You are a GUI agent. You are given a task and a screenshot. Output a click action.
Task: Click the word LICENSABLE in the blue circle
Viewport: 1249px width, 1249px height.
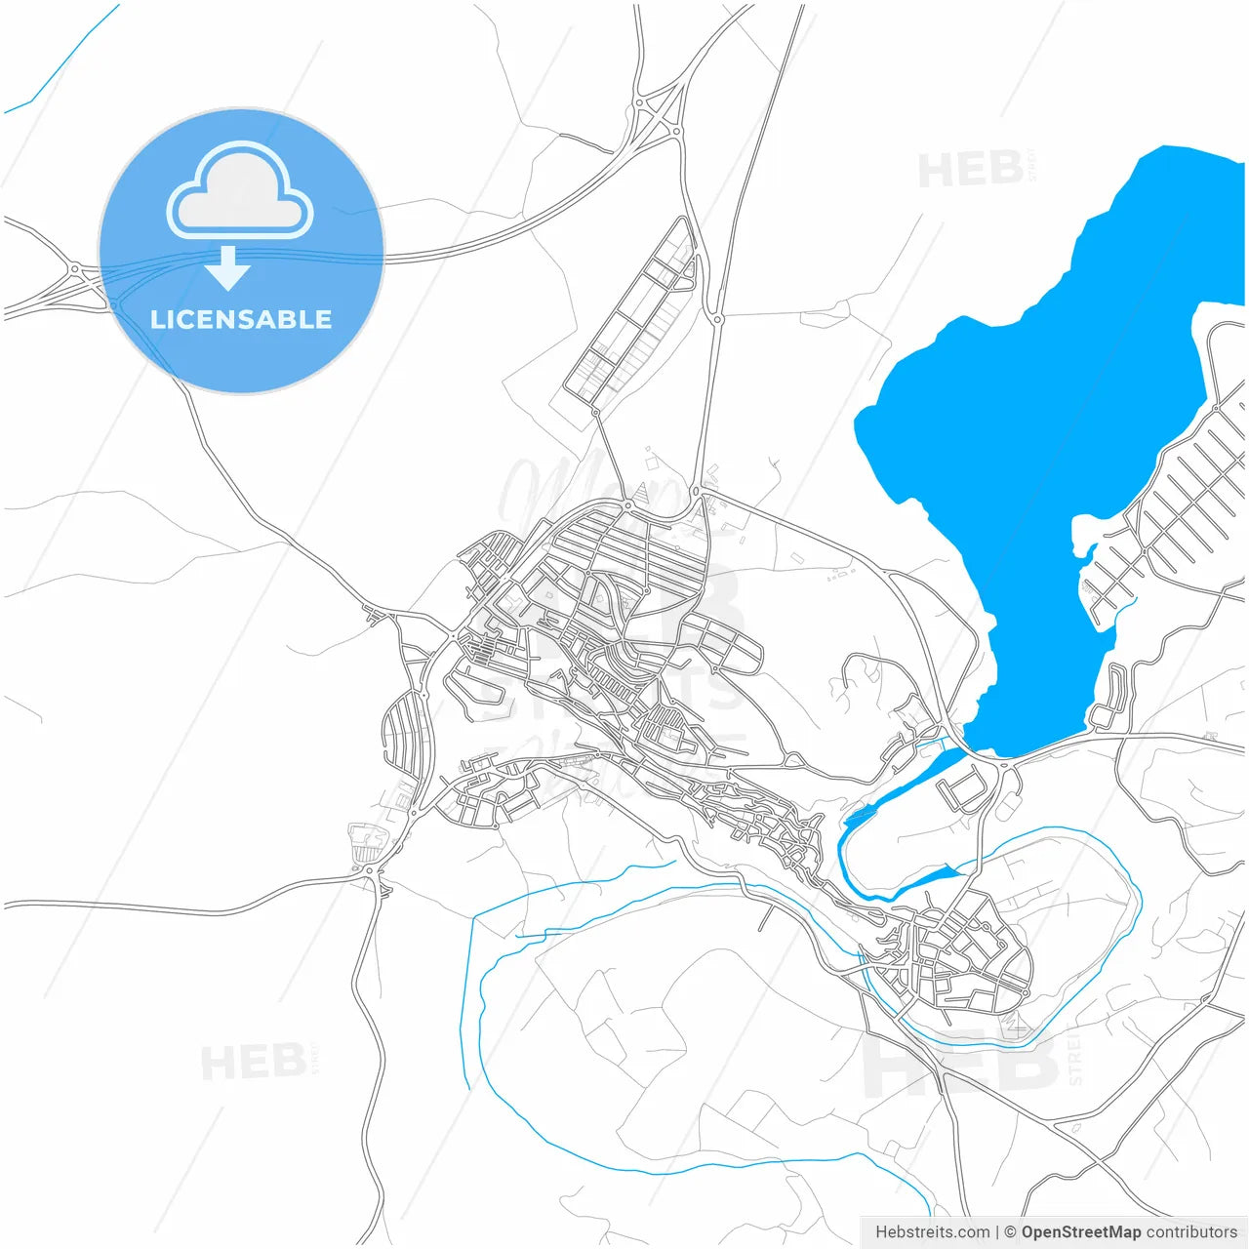[x=241, y=319]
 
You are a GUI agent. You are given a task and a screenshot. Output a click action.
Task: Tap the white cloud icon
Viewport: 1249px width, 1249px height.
[x=240, y=192]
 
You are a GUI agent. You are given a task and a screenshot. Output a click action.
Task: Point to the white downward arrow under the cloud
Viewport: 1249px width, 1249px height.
[x=228, y=268]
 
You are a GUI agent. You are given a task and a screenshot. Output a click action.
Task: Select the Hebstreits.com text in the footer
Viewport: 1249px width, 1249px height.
[x=932, y=1232]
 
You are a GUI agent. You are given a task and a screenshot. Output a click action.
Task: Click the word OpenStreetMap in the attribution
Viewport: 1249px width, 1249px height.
[x=1080, y=1232]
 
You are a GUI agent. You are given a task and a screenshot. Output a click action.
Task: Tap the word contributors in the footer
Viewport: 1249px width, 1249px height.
[x=1191, y=1232]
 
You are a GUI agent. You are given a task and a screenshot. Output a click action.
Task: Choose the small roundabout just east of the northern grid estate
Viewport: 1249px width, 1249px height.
[x=718, y=319]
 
